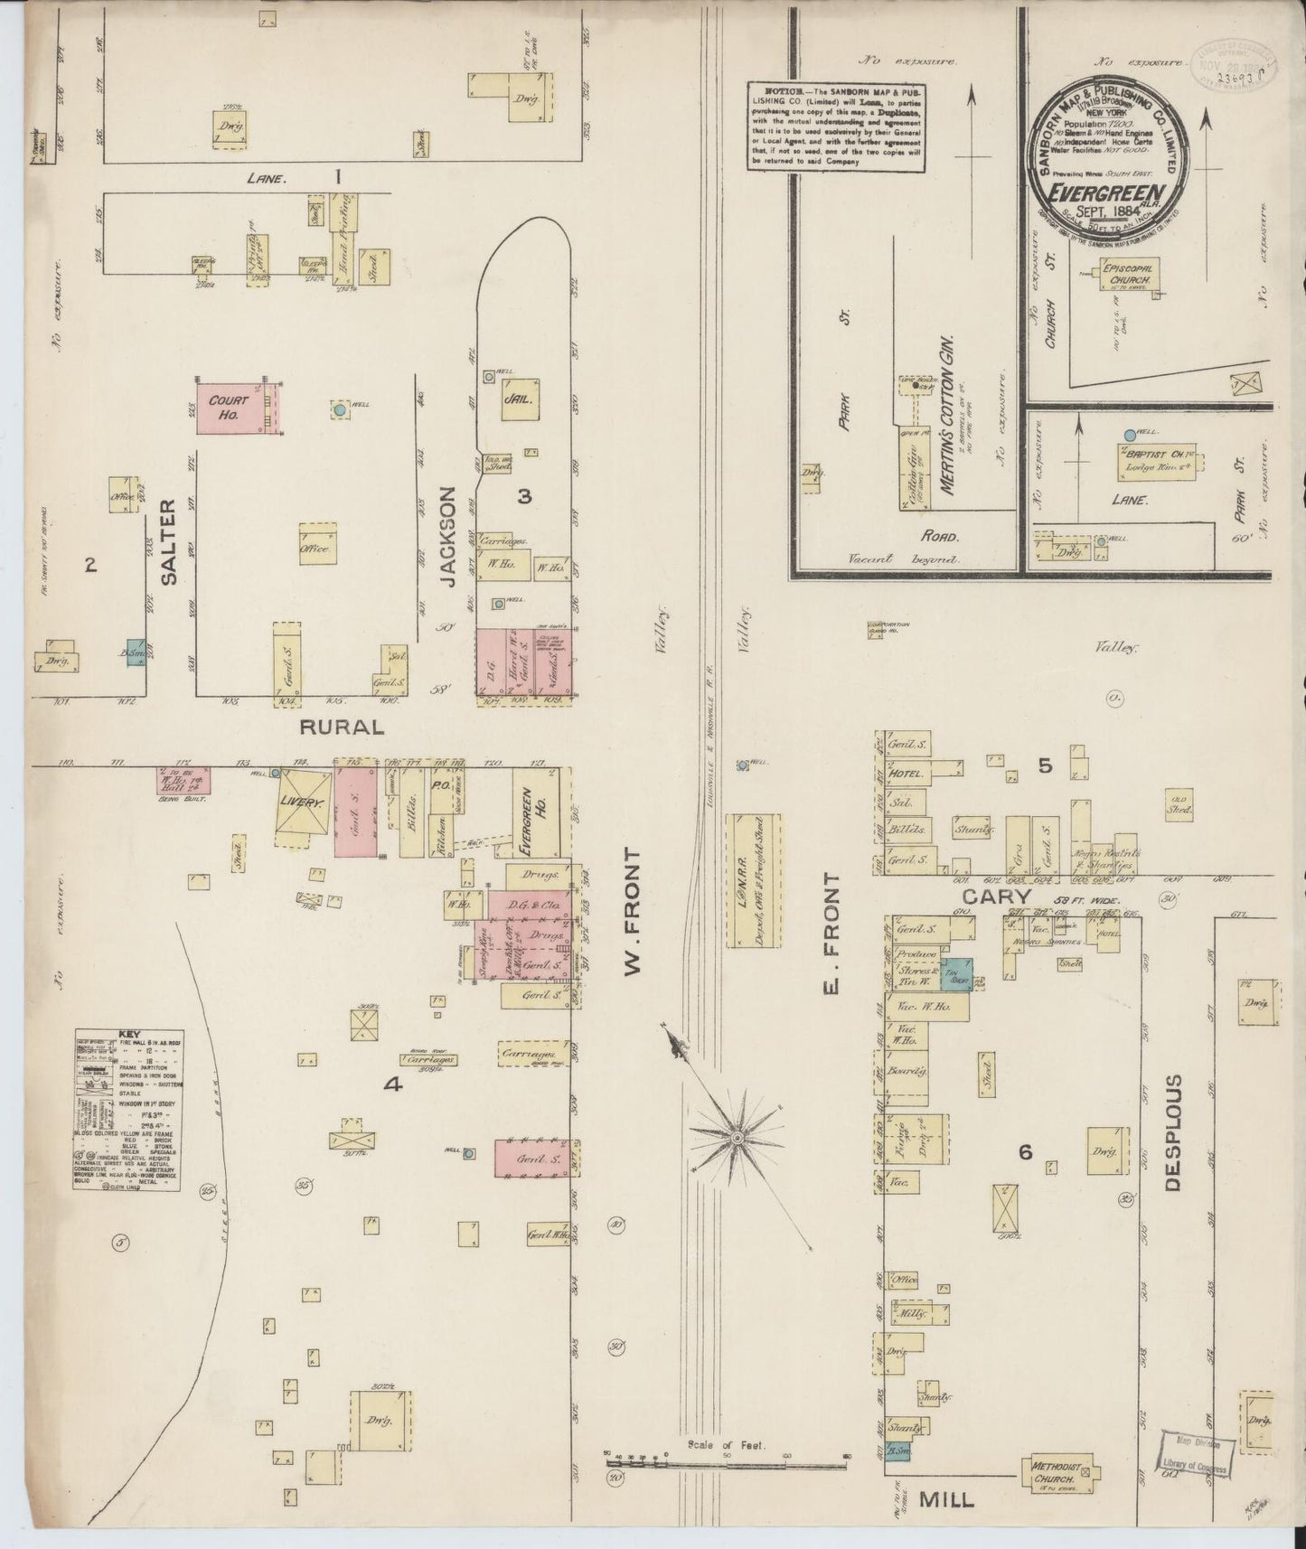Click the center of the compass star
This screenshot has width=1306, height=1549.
point(736,1135)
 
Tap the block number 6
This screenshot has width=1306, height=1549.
point(1024,1151)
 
